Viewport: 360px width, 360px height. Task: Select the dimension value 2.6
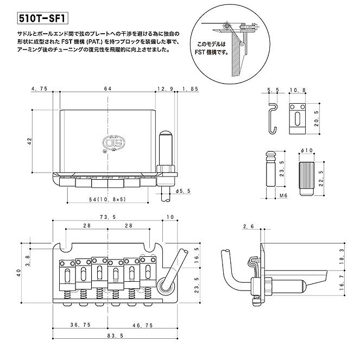(x=249, y=226)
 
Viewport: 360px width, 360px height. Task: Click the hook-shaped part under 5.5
(x=273, y=116)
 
